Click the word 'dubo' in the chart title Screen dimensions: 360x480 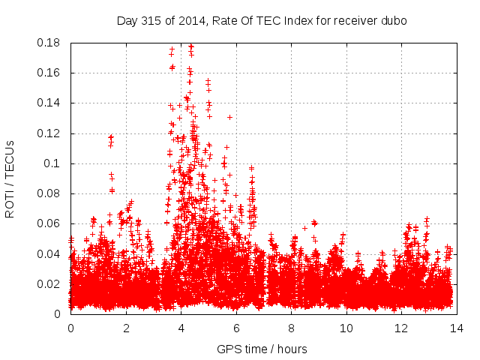point(394,21)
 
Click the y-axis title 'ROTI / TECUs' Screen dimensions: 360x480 point(10,178)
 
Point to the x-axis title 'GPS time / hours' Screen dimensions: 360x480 point(262,349)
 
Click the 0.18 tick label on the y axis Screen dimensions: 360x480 point(51,43)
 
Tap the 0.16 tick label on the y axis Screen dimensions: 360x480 point(51,73)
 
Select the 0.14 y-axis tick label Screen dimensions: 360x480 point(51,103)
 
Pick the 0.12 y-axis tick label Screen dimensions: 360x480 point(51,133)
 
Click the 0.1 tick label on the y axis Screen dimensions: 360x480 point(55,163)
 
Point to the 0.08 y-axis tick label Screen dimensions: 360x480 point(51,193)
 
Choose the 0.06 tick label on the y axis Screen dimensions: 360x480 point(51,223)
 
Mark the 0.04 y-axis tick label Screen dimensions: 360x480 point(51,253)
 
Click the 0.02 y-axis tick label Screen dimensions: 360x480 point(51,283)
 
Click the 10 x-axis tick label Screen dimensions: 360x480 point(346,328)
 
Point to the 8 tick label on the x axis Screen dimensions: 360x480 point(292,328)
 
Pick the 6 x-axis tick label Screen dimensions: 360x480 point(236,328)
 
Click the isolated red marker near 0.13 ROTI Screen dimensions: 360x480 point(229,117)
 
